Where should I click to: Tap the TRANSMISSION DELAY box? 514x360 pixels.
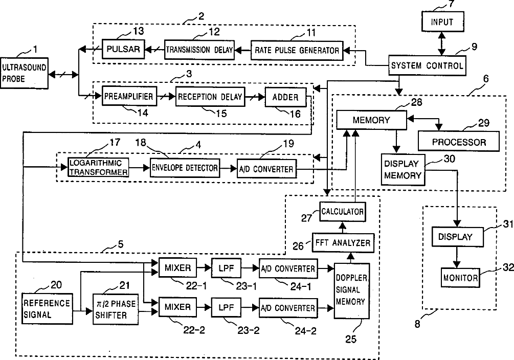pos(199,50)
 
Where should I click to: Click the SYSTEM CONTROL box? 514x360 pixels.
pos(427,65)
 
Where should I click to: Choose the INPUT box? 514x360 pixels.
pos(441,22)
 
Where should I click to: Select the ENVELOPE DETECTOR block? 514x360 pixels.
pos(185,168)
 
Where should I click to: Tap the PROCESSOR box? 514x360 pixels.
pos(459,142)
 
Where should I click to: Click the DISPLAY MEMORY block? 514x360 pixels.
pos(402,170)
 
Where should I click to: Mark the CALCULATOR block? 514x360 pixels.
pos(342,211)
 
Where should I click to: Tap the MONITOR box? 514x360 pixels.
pos(460,278)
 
